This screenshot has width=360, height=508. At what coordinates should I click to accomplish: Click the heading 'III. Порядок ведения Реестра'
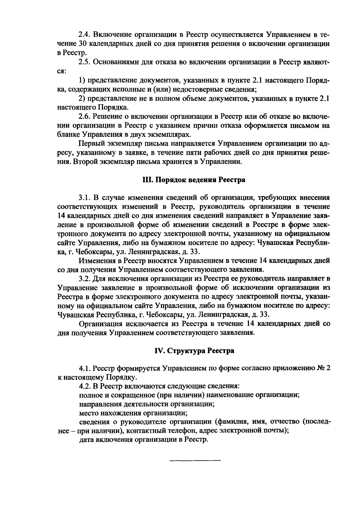pyautogui.click(x=193, y=180)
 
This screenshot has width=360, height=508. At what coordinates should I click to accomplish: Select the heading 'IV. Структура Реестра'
pyautogui.click(x=194, y=350)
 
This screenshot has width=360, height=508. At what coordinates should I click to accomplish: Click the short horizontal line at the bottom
pyautogui.click(x=195, y=460)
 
